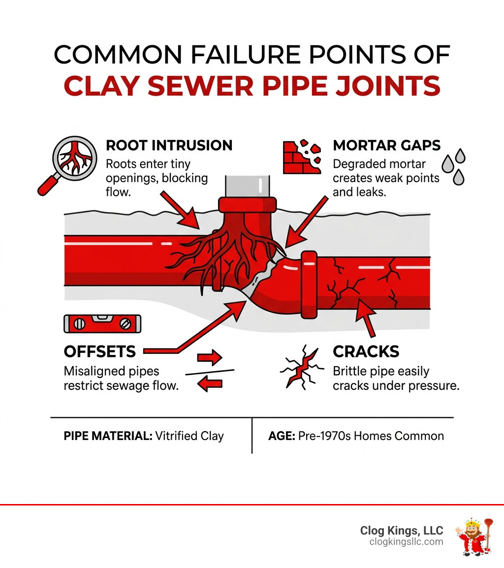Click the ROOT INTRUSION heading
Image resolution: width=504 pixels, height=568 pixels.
pyautogui.click(x=169, y=145)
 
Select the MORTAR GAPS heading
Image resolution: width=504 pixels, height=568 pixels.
pyautogui.click(x=386, y=145)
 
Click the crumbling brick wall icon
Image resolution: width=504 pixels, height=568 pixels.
pyautogui.click(x=300, y=157)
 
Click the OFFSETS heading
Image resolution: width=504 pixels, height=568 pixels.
pyautogui.click(x=99, y=351)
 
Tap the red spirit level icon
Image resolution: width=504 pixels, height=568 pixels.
pyautogui.click(x=102, y=323)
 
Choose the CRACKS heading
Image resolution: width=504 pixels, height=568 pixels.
pyautogui.click(x=366, y=351)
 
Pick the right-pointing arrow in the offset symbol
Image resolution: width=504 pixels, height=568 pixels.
pyautogui.click(x=210, y=358)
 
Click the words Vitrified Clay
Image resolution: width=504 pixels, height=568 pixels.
pyautogui.click(x=189, y=436)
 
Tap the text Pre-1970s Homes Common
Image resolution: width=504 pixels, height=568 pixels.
pyautogui.click(x=371, y=436)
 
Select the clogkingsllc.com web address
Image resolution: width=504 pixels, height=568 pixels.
pyautogui.click(x=406, y=542)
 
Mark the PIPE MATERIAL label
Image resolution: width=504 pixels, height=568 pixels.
pyautogui.click(x=108, y=436)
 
